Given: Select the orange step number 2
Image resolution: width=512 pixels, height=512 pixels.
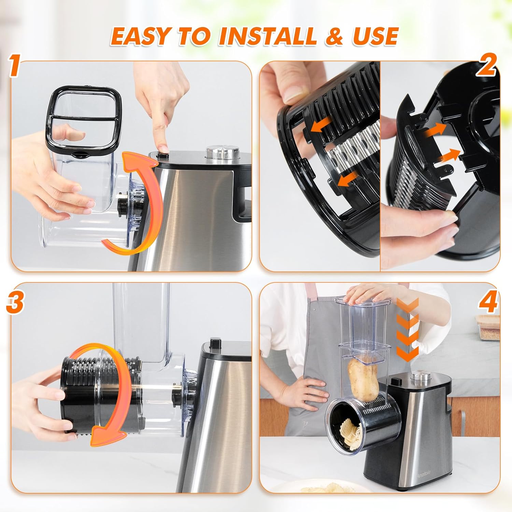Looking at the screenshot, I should (x=486, y=66).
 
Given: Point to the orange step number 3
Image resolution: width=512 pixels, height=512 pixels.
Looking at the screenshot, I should (x=14, y=302).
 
